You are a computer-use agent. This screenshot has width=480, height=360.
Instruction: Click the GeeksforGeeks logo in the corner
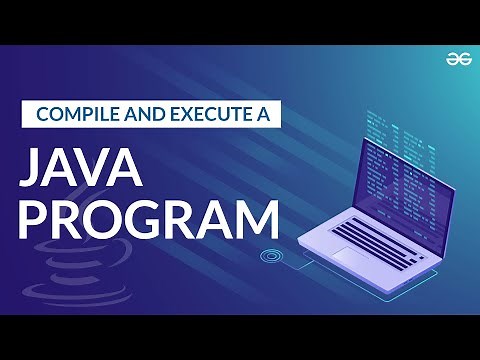tap(458, 58)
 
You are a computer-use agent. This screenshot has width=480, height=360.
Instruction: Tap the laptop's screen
tap(400, 185)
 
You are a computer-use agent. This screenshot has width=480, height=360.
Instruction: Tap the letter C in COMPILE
tap(42, 112)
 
